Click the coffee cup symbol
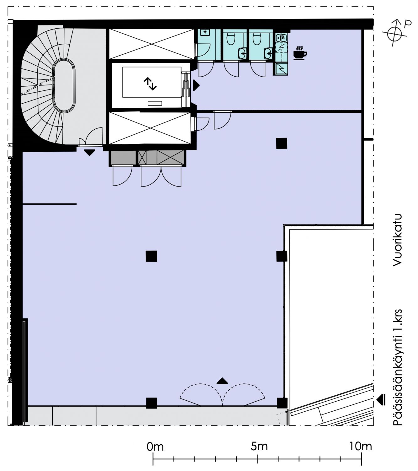[300, 53]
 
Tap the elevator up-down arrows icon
[150, 84]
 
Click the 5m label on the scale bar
[259, 447]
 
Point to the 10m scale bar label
[360, 447]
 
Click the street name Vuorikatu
[397, 240]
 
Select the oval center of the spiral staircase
[64, 86]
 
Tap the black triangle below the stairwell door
[89, 153]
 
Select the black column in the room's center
[151, 256]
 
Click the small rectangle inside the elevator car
[155, 103]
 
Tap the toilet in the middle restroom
[231, 39]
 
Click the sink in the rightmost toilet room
[268, 53]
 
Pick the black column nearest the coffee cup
[282, 143]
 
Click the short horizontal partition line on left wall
[50, 204]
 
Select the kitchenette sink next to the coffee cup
[278, 38]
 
